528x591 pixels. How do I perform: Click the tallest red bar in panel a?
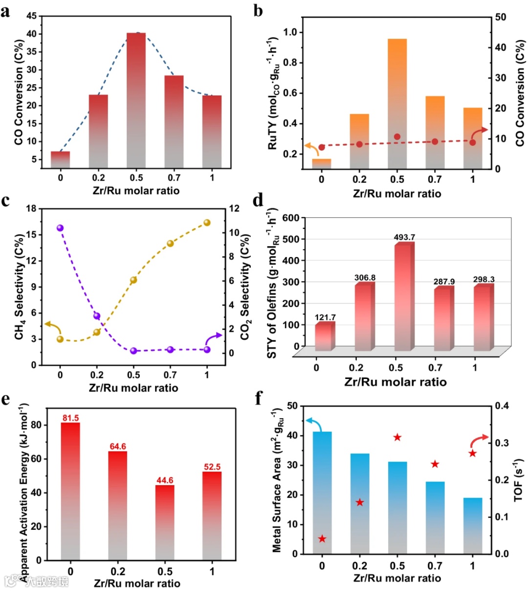pos(136,98)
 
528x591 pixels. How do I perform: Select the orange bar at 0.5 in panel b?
pos(397,103)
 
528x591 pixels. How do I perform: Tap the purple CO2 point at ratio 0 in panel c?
pos(60,228)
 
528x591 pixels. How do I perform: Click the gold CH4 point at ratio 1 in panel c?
pos(207,223)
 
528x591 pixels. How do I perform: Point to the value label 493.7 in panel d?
pos(404,237)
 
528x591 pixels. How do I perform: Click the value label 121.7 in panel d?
pos(325,317)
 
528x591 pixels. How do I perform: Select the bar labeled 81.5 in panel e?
pos(70,490)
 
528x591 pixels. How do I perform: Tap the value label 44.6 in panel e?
pos(165,480)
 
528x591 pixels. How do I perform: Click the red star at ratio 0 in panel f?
pos(322,539)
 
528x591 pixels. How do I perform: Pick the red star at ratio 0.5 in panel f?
pos(397,437)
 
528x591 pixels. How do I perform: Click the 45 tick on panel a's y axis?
pos(32,16)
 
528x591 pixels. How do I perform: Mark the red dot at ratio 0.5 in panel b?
pos(397,137)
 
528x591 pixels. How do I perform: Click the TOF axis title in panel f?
pos(518,480)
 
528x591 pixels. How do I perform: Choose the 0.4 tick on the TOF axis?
pos(502,405)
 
